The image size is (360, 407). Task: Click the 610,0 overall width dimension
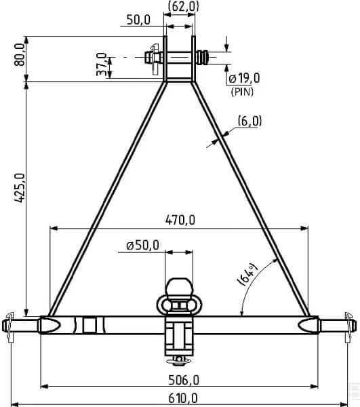point(183,398)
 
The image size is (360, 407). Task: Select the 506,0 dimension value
point(184,381)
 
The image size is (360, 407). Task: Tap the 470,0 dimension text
point(180,220)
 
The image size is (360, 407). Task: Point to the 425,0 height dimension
point(20,188)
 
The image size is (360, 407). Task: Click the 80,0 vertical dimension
point(20,54)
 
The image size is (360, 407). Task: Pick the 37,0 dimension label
point(102,64)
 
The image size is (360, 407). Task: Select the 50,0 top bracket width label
point(138,20)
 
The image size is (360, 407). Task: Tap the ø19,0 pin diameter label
point(244,78)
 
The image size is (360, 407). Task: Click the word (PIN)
point(242,92)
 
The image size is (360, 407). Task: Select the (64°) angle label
point(247,275)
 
